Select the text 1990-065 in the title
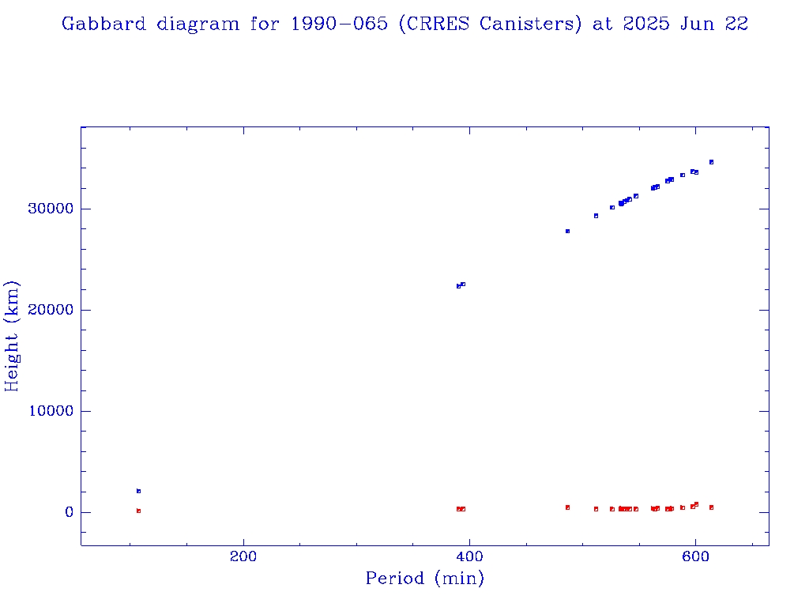point(339,24)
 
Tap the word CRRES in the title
point(439,24)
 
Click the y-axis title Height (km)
point(12,336)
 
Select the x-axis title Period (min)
point(424,579)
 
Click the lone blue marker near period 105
point(138,491)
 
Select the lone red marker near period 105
point(138,511)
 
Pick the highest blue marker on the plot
point(711,162)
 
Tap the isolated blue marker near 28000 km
point(567,231)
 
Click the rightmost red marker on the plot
point(711,507)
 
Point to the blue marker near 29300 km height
point(596,216)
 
